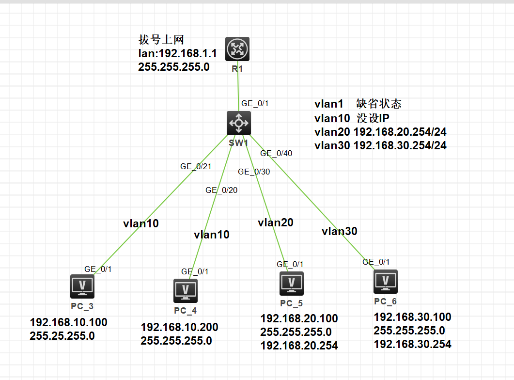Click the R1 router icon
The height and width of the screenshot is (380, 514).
[x=237, y=49]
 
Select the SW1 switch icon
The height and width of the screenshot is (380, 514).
[x=239, y=123]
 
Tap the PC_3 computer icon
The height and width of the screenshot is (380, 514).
[x=82, y=286]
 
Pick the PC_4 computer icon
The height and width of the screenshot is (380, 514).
[x=186, y=290]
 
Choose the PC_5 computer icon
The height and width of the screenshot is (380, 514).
[x=292, y=284]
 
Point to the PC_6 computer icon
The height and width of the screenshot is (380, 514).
[x=386, y=282]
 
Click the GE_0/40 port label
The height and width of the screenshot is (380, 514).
[x=276, y=153]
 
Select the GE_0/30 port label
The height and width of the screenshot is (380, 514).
[x=254, y=172]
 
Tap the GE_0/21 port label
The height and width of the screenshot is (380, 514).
[x=196, y=166]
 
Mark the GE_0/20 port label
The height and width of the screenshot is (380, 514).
[x=221, y=190]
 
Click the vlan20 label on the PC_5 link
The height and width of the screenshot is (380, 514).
[x=276, y=222]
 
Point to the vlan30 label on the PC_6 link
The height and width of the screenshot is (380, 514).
[x=340, y=231]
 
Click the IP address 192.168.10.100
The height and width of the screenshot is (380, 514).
[x=68, y=322]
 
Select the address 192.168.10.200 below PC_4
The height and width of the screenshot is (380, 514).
[x=179, y=327]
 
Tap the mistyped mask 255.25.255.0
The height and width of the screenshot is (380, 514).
[x=62, y=335]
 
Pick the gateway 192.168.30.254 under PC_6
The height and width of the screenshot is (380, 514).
[x=412, y=344]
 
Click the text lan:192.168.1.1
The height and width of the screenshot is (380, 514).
[x=177, y=53]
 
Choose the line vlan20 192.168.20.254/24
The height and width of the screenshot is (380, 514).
[x=380, y=132]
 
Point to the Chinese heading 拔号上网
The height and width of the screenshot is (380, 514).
[x=161, y=40]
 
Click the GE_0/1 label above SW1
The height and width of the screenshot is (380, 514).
[x=255, y=103]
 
